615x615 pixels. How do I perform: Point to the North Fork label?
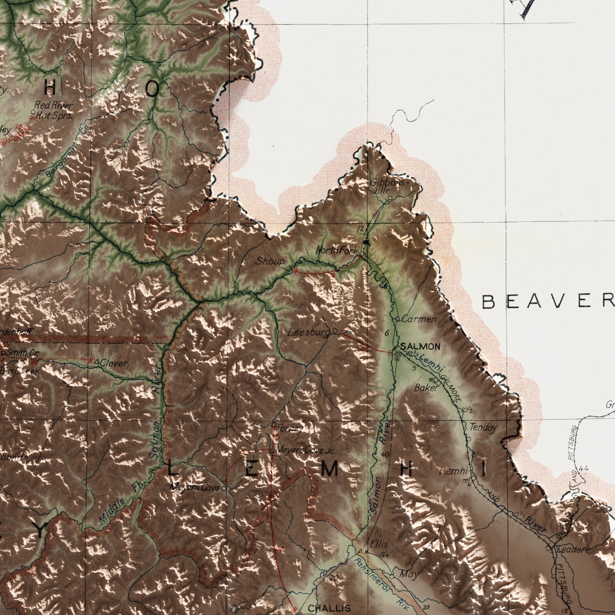[x=337, y=251]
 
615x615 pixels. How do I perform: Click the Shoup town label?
[x=270, y=261]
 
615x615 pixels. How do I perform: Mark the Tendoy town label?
[x=483, y=428]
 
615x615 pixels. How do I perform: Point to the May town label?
[x=409, y=575]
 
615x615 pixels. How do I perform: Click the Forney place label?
[x=289, y=429]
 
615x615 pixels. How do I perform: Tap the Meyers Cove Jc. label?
[x=306, y=450]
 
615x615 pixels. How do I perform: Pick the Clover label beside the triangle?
[x=113, y=363]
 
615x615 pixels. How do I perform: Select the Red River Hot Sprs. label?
[x=54, y=111]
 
